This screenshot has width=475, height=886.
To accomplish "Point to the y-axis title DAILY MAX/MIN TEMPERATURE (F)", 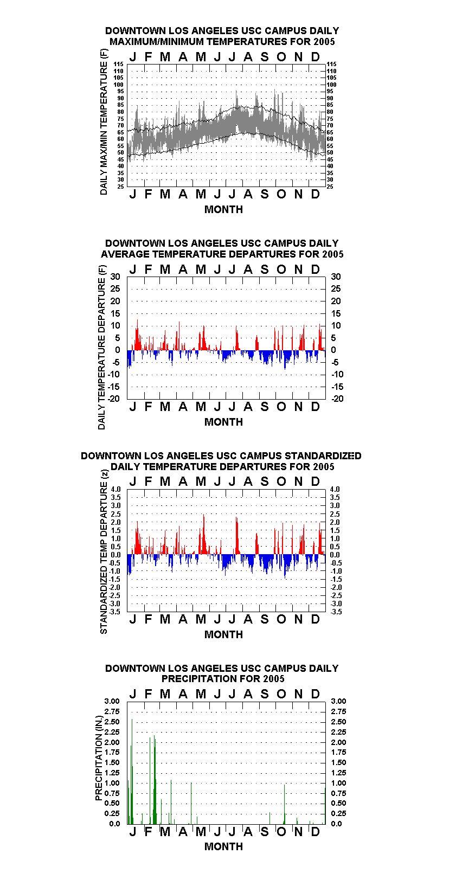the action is (x=104, y=122).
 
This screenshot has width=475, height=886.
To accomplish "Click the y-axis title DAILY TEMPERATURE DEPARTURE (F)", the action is (x=101, y=347).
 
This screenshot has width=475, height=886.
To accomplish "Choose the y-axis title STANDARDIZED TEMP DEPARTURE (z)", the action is (x=104, y=552).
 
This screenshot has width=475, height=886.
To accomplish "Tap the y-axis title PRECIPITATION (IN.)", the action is (x=99, y=758).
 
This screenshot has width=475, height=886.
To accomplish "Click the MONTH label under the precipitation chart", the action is (x=223, y=846).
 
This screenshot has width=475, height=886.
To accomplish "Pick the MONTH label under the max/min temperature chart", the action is (x=223, y=209).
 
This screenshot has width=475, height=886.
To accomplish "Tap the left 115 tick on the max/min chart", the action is (x=119, y=64).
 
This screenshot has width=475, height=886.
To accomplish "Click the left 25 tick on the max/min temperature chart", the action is (x=120, y=187).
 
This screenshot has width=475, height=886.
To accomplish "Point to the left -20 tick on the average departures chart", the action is (x=113, y=399).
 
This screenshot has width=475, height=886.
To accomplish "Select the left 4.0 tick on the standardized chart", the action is (x=115, y=489).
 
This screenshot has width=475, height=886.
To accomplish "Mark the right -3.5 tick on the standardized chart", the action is (x=336, y=612).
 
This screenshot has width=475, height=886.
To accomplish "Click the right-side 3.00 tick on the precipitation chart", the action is (x=338, y=701).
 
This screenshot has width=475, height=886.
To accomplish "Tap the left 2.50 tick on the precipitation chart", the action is (x=112, y=722).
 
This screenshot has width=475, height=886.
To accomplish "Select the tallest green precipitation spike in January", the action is (x=132, y=772).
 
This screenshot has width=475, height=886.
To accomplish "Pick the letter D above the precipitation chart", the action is (x=315, y=694).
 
